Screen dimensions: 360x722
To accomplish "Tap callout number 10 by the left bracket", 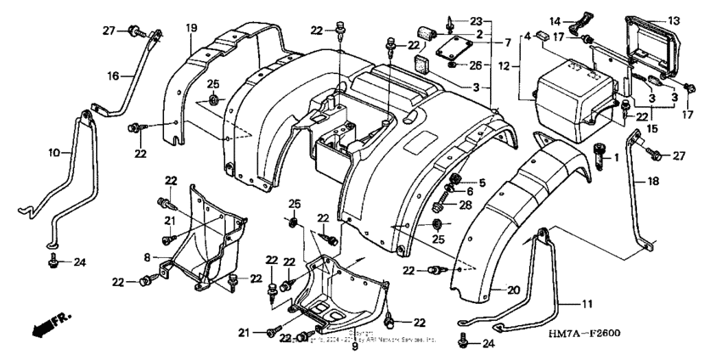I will click(x=54, y=154).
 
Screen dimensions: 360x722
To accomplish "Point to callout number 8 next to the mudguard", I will click(x=148, y=255).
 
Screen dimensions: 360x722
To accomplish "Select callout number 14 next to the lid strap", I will click(x=554, y=20).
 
